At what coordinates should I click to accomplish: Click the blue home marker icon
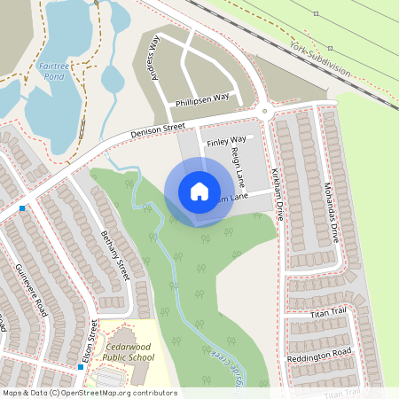tap(199, 192)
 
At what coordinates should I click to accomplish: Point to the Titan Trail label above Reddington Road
tap(328, 312)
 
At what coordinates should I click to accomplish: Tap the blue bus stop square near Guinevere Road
tap(21, 208)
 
